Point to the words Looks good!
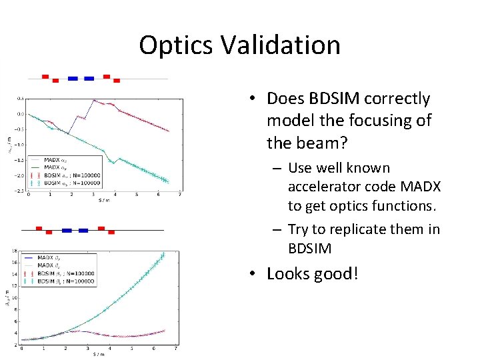tap(312, 273)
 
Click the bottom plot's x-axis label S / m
tap(98, 353)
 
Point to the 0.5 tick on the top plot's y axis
tap(20, 98)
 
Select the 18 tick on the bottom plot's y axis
tap(15, 251)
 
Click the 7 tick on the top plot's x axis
tap(180, 195)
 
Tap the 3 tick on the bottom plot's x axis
tap(87, 349)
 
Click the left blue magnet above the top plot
tap(73, 78)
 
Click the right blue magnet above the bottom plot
tap(83, 231)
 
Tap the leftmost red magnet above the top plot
tap(45, 76)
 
